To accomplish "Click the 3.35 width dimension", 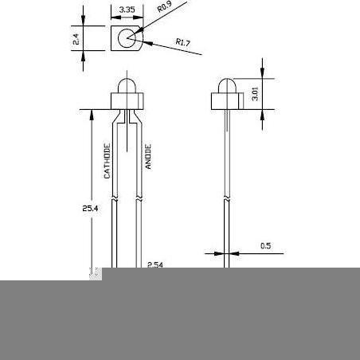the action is [x=127, y=10].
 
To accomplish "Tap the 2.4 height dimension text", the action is [x=76, y=39].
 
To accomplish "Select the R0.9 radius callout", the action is [x=165, y=6].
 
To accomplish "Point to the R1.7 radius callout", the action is [x=183, y=42].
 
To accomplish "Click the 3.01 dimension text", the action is [x=255, y=94].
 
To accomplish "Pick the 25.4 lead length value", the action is [x=90, y=209].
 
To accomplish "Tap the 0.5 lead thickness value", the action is [x=265, y=245].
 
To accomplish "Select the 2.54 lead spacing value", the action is [x=155, y=264].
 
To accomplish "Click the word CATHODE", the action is [x=107, y=161].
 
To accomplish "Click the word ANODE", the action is [x=148, y=156].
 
